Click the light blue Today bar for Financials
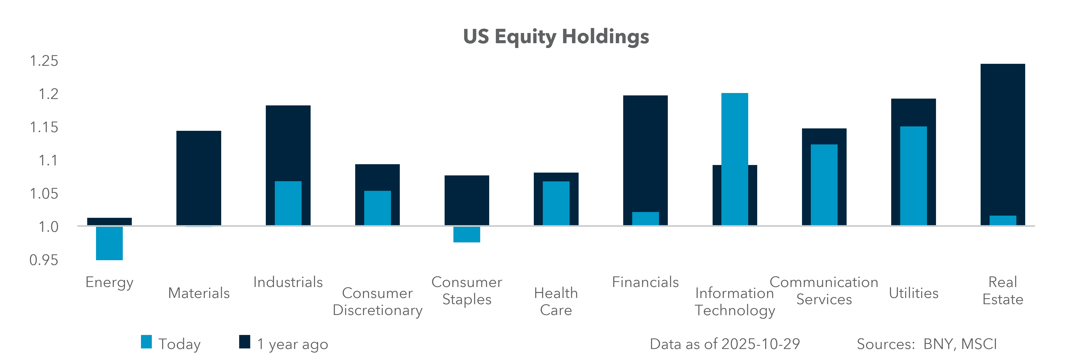click(x=645, y=219)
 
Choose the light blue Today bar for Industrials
click(x=288, y=203)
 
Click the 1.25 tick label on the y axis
click(x=44, y=61)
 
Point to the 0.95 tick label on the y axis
click(x=44, y=260)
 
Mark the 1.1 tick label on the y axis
click(x=48, y=161)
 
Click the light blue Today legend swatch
click(x=146, y=342)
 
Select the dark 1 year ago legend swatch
click(x=244, y=342)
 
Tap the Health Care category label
click(x=556, y=301)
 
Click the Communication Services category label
click(x=824, y=290)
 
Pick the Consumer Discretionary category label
click(x=377, y=301)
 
